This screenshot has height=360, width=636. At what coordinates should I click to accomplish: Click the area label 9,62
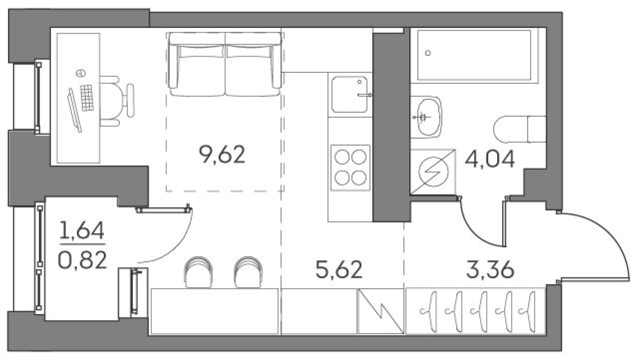pyautogui.click(x=222, y=155)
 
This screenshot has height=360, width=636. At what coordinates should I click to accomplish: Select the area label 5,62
pyautogui.click(x=339, y=271)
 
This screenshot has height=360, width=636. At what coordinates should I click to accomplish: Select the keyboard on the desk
pyautogui.click(x=87, y=97)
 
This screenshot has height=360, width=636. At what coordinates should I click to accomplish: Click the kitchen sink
pyautogui.click(x=350, y=94)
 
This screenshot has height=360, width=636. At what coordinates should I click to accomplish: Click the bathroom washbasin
pyautogui.click(x=425, y=117)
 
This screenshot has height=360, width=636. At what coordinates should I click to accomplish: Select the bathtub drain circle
pyautogui.click(x=428, y=53)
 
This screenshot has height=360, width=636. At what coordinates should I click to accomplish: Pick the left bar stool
pyautogui.click(x=197, y=271)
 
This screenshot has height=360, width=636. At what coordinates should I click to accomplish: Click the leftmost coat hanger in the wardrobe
pyautogui.click(x=433, y=310)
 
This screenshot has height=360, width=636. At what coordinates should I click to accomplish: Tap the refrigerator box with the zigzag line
pyautogui.click(x=380, y=311)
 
